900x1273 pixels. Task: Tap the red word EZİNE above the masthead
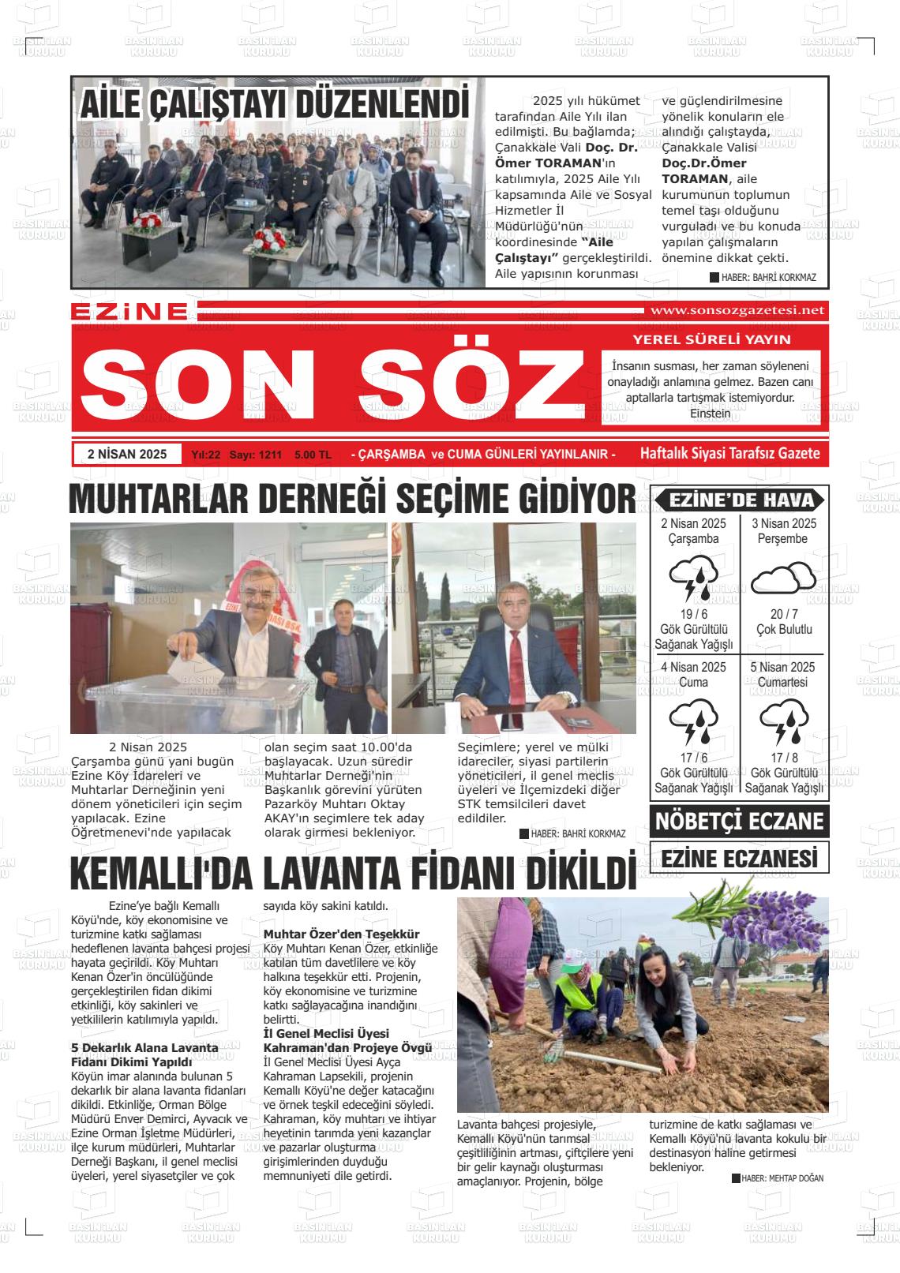click(129, 312)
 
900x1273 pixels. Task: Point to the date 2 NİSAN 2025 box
click(127, 454)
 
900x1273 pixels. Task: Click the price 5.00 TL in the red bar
click(313, 455)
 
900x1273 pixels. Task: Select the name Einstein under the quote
click(710, 413)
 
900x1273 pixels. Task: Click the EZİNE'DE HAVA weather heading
click(740, 500)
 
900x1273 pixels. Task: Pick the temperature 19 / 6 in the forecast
click(693, 615)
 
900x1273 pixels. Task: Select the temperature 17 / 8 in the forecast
click(783, 758)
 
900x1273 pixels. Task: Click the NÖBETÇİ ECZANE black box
click(739, 822)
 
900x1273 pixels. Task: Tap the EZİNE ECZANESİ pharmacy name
click(739, 858)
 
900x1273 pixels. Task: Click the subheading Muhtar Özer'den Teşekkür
click(341, 934)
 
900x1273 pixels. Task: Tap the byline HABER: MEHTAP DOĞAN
click(777, 1178)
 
